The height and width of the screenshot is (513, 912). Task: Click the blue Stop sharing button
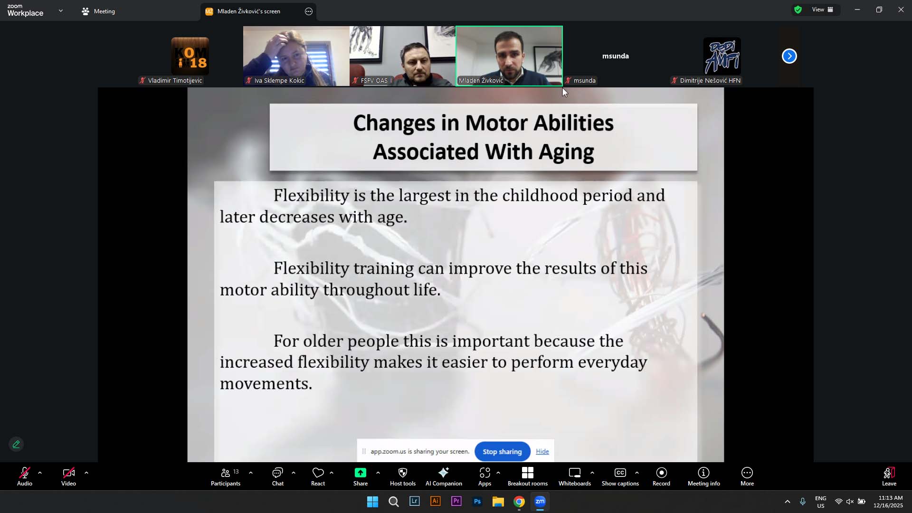tap(502, 452)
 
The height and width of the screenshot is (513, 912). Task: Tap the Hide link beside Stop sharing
tap(542, 452)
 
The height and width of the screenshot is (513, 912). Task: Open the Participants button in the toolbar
tap(226, 477)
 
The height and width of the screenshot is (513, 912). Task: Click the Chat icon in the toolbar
tap(277, 473)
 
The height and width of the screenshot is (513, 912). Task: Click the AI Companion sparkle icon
tap(444, 473)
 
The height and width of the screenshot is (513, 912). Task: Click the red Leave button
tap(889, 477)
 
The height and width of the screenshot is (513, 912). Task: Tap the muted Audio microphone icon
tap(25, 473)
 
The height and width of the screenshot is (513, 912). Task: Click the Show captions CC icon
tap(620, 473)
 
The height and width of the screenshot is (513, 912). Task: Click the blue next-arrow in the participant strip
tap(789, 56)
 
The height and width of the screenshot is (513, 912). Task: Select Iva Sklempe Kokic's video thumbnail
tap(296, 56)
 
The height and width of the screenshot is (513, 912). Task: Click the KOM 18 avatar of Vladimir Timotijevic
tap(190, 56)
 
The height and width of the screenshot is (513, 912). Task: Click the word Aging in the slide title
tap(566, 152)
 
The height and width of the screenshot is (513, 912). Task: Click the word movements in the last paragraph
tap(266, 384)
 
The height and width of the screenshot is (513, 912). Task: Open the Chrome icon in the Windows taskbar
tap(519, 502)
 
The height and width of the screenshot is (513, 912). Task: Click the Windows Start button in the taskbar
tap(373, 502)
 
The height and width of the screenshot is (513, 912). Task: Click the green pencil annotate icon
tap(16, 445)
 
